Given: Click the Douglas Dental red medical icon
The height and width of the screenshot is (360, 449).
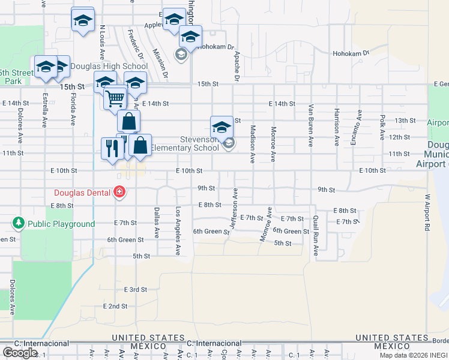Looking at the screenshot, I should pyautogui.click(x=119, y=192).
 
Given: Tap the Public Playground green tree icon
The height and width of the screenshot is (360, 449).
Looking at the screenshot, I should pyautogui.click(x=19, y=224).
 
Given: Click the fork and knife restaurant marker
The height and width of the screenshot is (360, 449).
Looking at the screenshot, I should pyautogui.click(x=112, y=148).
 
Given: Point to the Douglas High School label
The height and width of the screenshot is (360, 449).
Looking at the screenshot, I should pyautogui.click(x=109, y=67).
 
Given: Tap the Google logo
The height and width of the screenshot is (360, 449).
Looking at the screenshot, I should pyautogui.click(x=20, y=352).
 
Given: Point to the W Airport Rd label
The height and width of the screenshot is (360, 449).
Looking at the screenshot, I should pyautogui.click(x=427, y=212).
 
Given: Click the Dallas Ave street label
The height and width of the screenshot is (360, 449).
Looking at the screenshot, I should pyautogui.click(x=157, y=223).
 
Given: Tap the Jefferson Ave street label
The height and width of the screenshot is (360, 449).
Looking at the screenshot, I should pyautogui.click(x=234, y=208).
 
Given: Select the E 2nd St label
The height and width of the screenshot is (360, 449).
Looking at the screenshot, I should pyautogui.click(x=115, y=306).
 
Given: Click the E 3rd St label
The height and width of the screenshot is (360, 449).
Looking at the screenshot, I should pyautogui.click(x=135, y=289).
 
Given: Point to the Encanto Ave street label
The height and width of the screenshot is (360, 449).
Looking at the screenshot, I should pyautogui.click(x=360, y=128).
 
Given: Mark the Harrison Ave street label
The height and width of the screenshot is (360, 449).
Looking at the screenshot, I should pyautogui.click(x=337, y=127).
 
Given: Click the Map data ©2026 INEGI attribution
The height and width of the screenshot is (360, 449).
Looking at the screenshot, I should pyautogui.click(x=413, y=355).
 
